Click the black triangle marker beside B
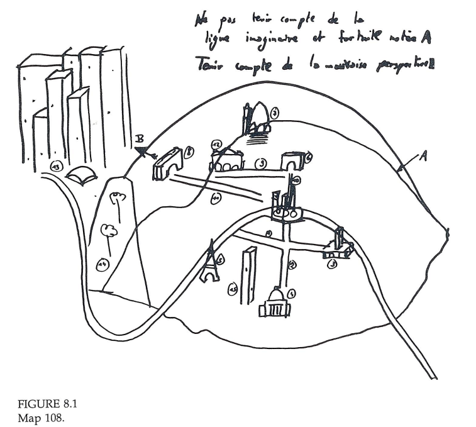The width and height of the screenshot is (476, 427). click(x=143, y=150)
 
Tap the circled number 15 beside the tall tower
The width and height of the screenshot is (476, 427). click(x=233, y=289)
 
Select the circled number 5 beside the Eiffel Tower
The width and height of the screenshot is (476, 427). click(x=220, y=259)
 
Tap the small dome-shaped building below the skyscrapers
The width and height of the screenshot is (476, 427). click(x=81, y=175)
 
